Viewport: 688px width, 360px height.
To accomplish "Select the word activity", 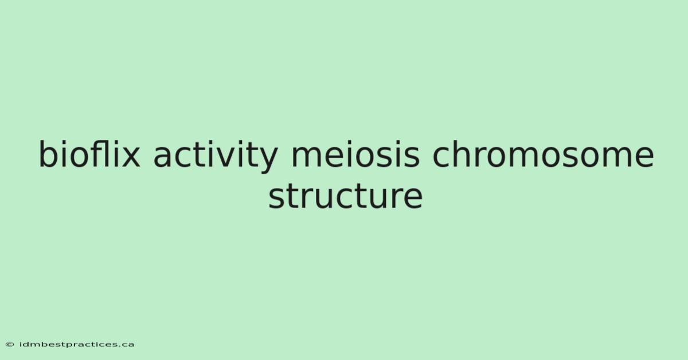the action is pyautogui.click(x=216, y=156).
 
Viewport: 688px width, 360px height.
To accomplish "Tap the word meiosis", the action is pyautogui.click(x=355, y=154).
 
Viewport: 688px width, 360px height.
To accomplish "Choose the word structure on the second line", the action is pyautogui.click(x=346, y=195).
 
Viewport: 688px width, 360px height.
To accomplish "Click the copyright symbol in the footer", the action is pyautogui.click(x=10, y=345).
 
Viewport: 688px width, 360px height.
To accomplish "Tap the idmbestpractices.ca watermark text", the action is pyautogui.click(x=77, y=345).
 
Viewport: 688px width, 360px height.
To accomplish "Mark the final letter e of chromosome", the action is pyautogui.click(x=643, y=157).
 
